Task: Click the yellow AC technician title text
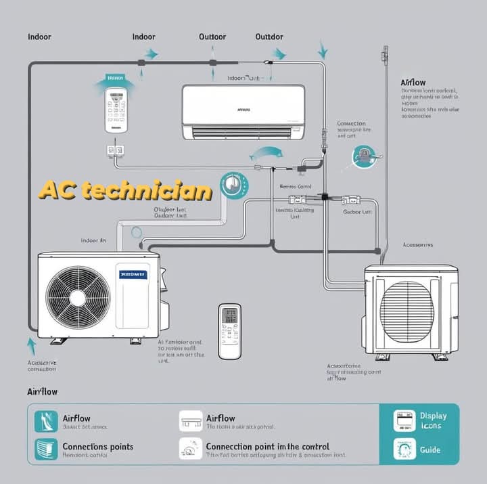click(125, 190)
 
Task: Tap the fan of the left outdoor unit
click(78, 296)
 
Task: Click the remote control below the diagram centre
click(230, 330)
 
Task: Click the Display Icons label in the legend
click(433, 420)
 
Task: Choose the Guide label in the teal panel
click(430, 449)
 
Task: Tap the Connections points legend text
click(97, 447)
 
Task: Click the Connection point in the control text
click(267, 447)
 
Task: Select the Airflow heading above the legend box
click(42, 392)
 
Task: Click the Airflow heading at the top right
click(413, 83)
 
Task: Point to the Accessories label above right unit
click(417, 244)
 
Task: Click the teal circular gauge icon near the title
click(234, 184)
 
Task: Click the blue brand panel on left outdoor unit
click(133, 275)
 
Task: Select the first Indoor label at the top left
click(39, 37)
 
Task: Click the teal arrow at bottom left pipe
click(30, 346)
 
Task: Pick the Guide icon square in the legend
click(404, 449)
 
